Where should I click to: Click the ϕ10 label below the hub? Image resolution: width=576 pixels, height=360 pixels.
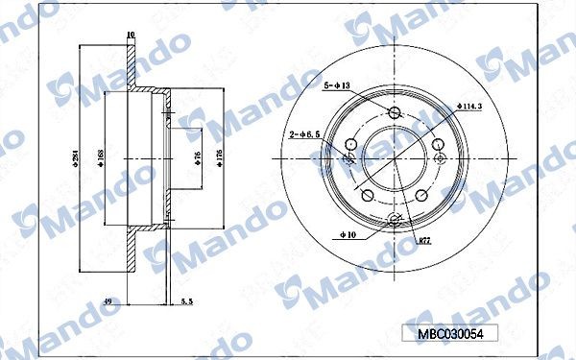click(x=348, y=232)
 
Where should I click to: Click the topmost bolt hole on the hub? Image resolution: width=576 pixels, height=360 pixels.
click(x=395, y=113)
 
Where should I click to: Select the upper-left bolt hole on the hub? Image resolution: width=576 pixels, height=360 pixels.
click(x=349, y=145)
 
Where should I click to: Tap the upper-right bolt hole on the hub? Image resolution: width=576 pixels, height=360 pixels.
click(x=439, y=146)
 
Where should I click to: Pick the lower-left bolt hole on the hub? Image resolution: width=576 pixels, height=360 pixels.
click(x=367, y=197)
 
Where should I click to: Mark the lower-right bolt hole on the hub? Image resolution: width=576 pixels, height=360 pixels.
click(x=421, y=198)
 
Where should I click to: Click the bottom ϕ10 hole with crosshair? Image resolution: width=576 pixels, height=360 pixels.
click(x=395, y=222)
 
